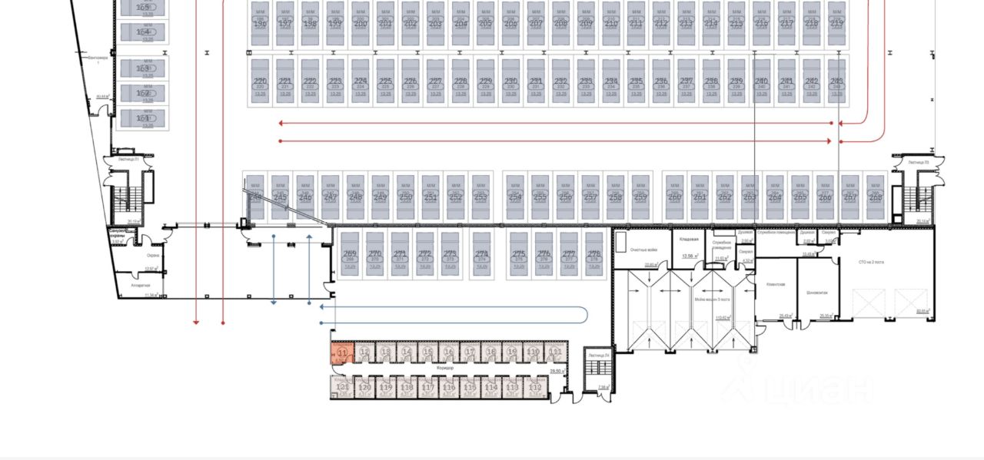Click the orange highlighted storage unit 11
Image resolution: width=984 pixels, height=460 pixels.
342,352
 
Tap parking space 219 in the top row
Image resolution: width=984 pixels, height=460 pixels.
836,23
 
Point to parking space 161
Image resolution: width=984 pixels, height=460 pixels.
144,119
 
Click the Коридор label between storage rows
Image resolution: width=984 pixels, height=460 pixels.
444,368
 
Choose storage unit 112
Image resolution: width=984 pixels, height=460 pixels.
536,389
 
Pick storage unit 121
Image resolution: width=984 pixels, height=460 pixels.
343,389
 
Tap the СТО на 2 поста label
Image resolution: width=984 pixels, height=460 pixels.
871,262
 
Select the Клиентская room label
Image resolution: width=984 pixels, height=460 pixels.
775,284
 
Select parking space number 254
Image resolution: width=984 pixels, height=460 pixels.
516,197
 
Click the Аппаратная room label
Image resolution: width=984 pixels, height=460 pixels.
140,285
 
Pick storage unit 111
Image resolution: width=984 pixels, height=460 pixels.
554,352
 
